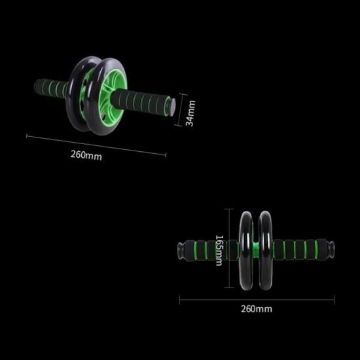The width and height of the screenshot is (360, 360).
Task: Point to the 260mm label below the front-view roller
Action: pos(257,308)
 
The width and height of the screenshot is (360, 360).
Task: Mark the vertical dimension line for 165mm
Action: pos(228,249)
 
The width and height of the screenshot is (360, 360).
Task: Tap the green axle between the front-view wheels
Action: pos(256,249)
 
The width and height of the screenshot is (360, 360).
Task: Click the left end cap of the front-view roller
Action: pos(180,249)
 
